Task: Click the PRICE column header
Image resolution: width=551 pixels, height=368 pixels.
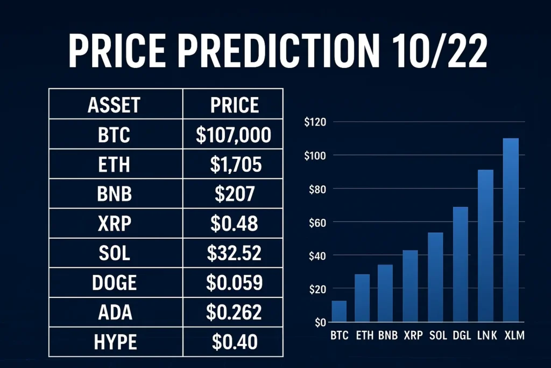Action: coord(234,105)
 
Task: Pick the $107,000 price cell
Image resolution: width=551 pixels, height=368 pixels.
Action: coord(234,135)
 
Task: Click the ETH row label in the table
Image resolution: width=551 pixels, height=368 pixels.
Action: coord(115,165)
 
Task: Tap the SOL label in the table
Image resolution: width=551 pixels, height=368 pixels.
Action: coord(115,253)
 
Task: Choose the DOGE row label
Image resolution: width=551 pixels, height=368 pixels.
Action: coord(115,282)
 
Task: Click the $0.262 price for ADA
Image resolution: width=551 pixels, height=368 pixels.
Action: coord(234,312)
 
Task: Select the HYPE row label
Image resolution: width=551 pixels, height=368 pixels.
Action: coord(115,341)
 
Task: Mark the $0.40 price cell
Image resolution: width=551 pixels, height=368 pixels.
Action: coord(234,341)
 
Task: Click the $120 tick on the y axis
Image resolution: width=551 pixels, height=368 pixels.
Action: coord(315,122)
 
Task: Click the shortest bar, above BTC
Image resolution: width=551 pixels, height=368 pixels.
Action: coord(339,311)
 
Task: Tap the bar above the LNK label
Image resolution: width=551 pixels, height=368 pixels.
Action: coord(486,246)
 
